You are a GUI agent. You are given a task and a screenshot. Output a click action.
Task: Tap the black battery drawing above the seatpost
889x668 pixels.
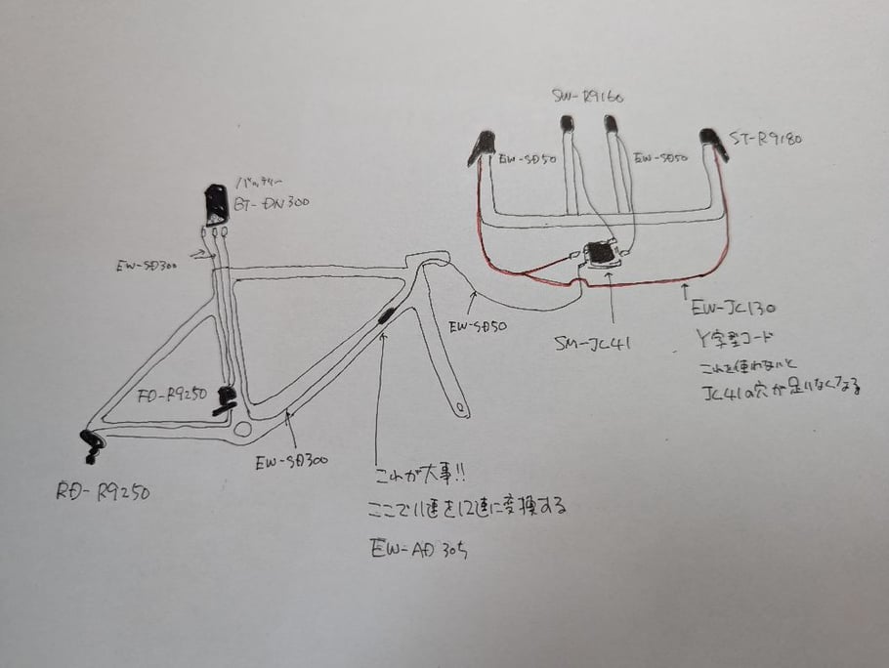[216, 203]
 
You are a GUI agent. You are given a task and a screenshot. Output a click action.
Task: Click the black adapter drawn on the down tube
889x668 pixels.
[385, 316]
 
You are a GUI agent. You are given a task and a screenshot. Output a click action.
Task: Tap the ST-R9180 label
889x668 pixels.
[768, 139]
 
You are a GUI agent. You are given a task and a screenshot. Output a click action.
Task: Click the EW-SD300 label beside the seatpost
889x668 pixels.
[144, 263]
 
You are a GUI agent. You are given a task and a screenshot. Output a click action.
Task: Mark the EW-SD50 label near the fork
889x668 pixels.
[479, 329]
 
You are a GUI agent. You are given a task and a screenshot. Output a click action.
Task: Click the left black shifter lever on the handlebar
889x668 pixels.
[481, 146]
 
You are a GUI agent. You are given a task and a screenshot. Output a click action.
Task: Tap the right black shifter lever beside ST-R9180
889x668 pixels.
[712, 141]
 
